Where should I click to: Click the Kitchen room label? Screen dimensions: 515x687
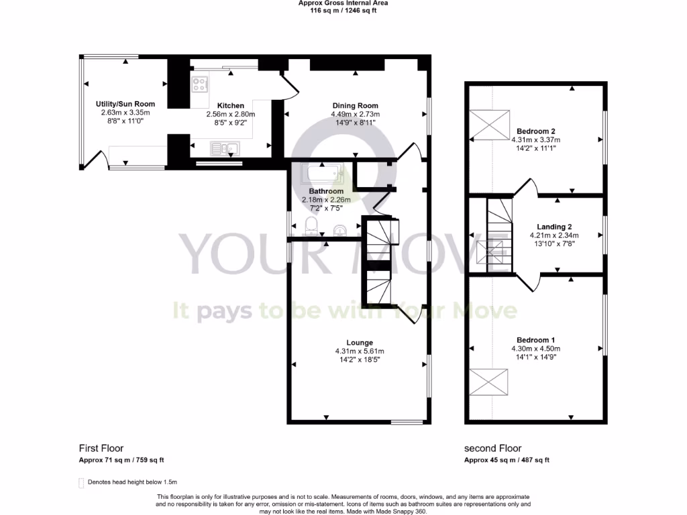230,106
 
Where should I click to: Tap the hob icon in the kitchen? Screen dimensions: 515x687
199,84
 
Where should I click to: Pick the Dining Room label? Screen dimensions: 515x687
355,106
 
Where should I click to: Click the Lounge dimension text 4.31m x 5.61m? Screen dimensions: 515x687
359,351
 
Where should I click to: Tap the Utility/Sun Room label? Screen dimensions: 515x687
125,104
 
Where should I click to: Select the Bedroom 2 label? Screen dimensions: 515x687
535,131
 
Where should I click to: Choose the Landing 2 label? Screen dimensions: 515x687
554,227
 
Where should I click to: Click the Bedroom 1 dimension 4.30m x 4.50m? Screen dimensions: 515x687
535,349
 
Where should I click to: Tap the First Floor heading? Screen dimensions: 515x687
101,449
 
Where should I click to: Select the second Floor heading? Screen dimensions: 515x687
492,449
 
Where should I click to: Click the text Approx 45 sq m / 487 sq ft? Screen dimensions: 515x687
507,460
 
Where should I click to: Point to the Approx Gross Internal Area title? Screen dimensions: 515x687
343,3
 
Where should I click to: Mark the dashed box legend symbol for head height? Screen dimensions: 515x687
82,482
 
